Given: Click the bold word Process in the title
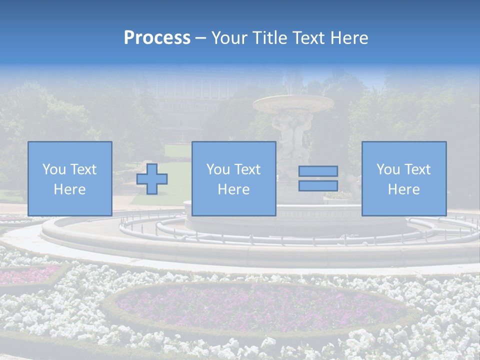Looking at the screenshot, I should pyautogui.click(x=157, y=38).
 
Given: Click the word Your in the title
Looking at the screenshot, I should pyautogui.click(x=230, y=38).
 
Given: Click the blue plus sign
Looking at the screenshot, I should pyautogui.click(x=152, y=179).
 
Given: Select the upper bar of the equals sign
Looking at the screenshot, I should pyautogui.click(x=318, y=171).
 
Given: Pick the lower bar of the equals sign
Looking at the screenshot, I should pyautogui.click(x=318, y=185).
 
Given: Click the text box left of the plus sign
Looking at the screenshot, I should pyautogui.click(x=69, y=178).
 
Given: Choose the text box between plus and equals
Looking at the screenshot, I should pyautogui.click(x=233, y=178).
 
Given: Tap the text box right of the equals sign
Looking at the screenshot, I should pyautogui.click(x=403, y=178).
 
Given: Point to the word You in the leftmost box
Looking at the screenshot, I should pyautogui.click(x=53, y=169).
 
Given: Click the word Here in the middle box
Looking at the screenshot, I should pyautogui.click(x=233, y=189).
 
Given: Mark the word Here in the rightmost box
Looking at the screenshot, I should pyautogui.click(x=403, y=189).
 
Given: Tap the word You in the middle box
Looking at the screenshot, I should pyautogui.click(x=217, y=169).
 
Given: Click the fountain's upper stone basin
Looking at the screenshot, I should pyautogui.click(x=293, y=103).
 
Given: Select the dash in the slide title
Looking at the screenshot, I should pyautogui.click(x=201, y=38).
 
